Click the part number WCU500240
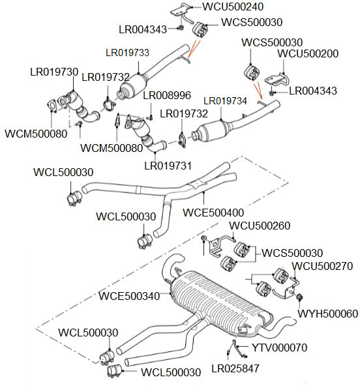[233, 7]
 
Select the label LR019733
[127, 53]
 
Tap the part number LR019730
[54, 72]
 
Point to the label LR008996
[167, 95]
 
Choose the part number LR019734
[225, 101]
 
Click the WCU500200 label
[308, 53]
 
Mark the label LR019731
[168, 166]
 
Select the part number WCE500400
[213, 213]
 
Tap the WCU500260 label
[260, 226]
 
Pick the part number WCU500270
[322, 266]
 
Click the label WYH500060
[328, 314]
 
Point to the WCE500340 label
[129, 296]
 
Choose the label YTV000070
[280, 348]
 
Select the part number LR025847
[235, 368]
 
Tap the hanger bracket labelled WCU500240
[182, 13]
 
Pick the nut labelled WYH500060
[299, 297]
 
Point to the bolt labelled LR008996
[151, 118]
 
